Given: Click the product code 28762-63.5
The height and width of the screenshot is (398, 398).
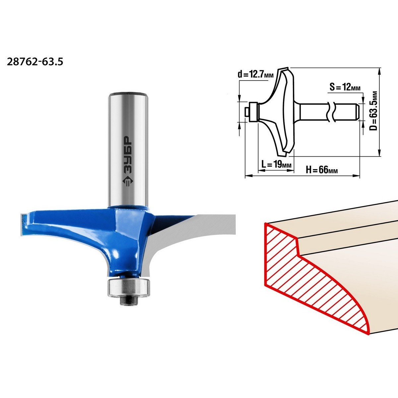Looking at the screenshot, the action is coord(35,62).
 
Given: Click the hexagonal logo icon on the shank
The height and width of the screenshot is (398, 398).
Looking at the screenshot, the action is coord(128,181).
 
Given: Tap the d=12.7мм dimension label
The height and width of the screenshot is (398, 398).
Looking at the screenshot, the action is coord(255,75).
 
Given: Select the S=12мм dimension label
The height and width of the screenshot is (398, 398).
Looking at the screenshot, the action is coord(345,87).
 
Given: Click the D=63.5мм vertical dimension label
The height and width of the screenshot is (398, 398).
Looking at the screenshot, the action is coord(374,111).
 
